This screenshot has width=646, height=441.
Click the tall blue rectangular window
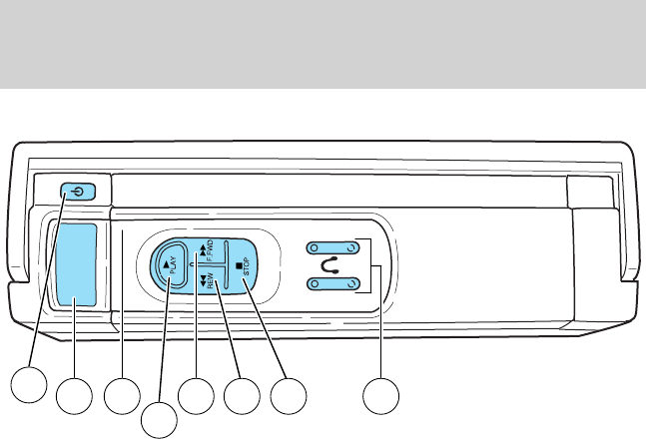coord(76,265)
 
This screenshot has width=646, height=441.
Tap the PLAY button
coord(171,266)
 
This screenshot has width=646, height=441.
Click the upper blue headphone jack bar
coord(332,248)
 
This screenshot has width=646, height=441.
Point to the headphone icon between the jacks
coord(333,267)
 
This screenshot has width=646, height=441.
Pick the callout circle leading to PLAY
coord(158,418)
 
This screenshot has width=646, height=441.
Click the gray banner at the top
coord(323,44)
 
